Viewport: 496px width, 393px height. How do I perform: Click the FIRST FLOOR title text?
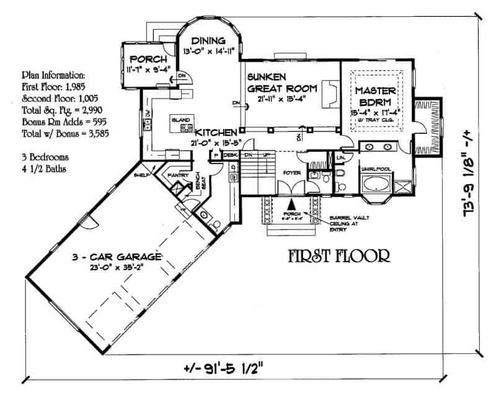(339, 255)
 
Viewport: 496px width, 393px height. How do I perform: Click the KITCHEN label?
(215, 133)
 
